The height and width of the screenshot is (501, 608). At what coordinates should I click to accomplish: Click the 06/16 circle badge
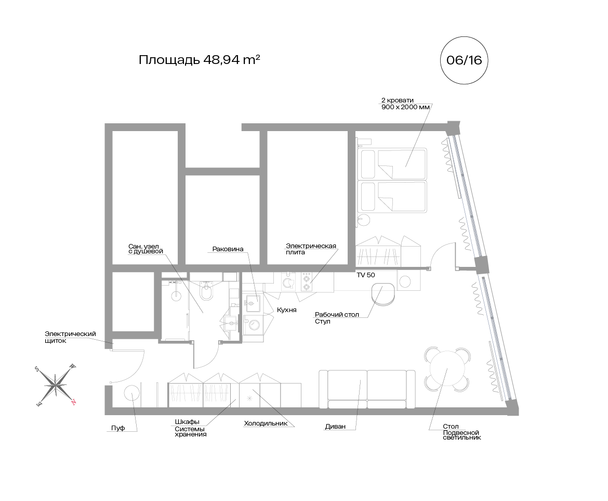(464, 60)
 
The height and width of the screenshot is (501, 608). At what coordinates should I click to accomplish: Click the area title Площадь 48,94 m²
(200, 60)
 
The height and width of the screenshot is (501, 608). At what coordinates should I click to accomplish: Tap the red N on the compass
(73, 402)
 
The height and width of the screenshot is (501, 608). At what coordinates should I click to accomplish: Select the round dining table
(447, 368)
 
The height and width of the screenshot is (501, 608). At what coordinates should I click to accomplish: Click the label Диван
(335, 427)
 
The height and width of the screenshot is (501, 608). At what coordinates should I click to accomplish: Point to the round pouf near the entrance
(131, 393)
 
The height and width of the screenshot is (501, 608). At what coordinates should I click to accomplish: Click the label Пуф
(118, 428)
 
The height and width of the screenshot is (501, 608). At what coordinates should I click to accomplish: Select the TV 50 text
(366, 275)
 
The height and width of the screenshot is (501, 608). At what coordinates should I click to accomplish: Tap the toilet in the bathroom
(206, 291)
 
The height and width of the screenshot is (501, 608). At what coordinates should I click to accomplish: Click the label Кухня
(286, 310)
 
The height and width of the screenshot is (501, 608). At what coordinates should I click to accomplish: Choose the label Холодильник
(266, 423)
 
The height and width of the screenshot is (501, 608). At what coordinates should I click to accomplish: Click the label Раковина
(228, 249)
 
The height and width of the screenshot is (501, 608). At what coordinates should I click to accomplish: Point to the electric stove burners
(307, 282)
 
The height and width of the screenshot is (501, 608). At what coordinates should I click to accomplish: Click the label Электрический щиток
(70, 337)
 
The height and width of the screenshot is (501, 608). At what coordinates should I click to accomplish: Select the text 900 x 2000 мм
(405, 107)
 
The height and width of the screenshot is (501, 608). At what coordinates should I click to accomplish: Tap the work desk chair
(383, 295)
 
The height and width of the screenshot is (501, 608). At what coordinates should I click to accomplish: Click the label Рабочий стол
(337, 314)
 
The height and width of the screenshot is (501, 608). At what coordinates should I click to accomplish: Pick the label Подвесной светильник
(462, 435)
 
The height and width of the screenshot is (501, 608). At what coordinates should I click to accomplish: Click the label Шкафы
(187, 422)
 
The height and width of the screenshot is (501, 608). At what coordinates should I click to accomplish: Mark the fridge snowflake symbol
(250, 398)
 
